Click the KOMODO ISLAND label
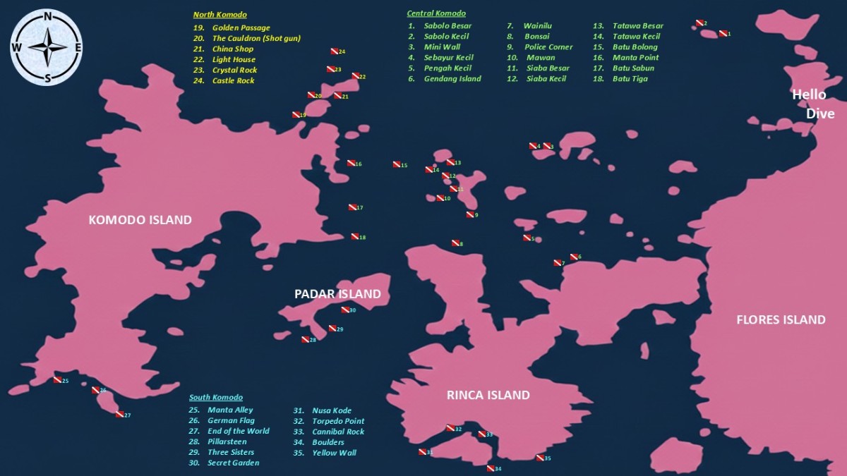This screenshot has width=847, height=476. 140,220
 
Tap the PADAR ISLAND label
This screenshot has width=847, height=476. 337,294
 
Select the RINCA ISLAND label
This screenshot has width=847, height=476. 488,395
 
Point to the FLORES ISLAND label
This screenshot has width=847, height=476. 781,319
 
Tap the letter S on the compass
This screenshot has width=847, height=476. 47,79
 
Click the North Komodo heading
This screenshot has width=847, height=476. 220,15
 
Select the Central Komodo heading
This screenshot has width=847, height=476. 436,13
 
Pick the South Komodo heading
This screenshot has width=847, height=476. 215,398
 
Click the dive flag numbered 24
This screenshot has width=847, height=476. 335,51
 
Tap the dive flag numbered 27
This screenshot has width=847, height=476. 119,414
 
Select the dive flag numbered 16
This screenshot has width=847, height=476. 351,163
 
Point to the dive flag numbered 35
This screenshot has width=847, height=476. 540,458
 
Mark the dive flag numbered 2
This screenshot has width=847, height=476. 699,23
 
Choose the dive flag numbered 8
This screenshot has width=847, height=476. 455,243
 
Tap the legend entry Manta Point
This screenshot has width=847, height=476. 635,58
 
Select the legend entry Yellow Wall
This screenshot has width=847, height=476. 334,453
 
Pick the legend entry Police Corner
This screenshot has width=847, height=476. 548,47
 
